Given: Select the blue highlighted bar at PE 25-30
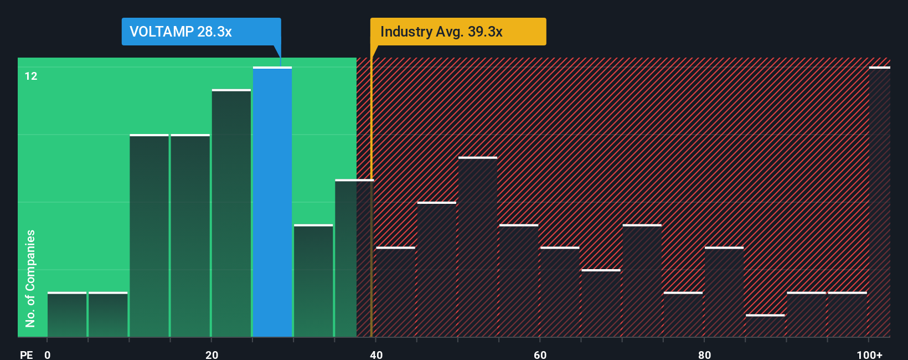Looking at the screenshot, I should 272,202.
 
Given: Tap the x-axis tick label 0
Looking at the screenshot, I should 48,354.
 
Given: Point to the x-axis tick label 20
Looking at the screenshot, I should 211,354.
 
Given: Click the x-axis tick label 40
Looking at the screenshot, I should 376,354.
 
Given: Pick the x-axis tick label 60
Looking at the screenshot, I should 540,354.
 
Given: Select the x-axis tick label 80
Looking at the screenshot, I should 704,354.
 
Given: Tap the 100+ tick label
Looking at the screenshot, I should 870,354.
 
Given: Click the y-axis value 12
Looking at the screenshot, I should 31,76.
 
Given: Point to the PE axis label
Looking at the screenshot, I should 26,354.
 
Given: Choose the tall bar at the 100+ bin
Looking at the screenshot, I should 879,202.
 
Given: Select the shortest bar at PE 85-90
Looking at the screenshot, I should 765,326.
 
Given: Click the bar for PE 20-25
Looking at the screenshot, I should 231,213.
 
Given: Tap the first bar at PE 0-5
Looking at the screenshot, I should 67,315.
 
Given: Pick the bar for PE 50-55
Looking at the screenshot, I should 478,247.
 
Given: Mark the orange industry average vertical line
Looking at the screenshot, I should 371,222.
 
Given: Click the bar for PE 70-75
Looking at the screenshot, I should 642,281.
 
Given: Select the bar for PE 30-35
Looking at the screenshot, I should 313,281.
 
